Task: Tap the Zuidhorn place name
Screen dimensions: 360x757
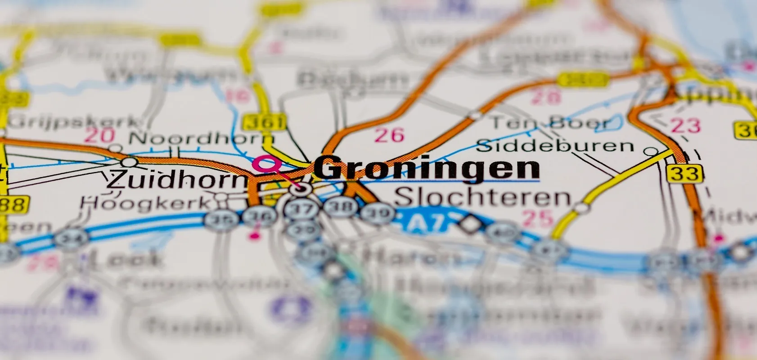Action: point(177,180)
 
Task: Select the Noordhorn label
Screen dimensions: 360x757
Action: point(201,138)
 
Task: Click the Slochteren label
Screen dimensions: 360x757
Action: point(482,198)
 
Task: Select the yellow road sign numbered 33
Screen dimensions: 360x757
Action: point(685,173)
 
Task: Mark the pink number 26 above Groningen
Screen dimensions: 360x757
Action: point(389,135)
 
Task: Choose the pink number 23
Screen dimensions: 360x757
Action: point(685,126)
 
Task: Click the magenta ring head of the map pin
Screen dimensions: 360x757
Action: point(265,164)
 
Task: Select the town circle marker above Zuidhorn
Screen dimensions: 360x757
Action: point(130,162)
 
